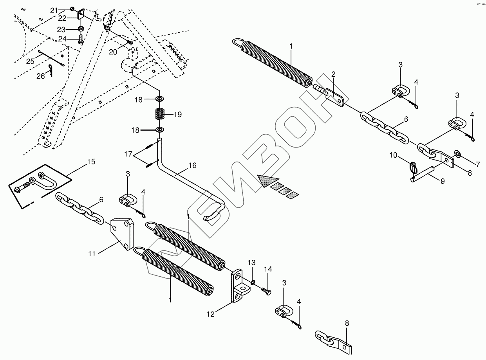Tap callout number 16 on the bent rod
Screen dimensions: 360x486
click(x=192, y=166)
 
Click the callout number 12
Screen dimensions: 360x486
click(x=211, y=314)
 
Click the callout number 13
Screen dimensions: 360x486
click(x=251, y=262)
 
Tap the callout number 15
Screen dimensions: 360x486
click(x=91, y=161)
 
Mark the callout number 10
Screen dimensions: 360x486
click(x=394, y=156)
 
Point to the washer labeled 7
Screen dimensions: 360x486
click(x=457, y=153)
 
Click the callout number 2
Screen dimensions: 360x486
click(x=333, y=74)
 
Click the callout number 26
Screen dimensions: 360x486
click(x=41, y=76)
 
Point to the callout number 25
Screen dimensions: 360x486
click(x=30, y=61)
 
